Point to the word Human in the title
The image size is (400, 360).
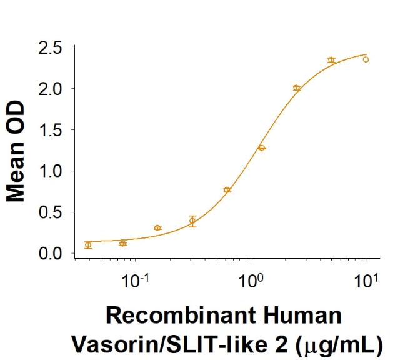(x=304, y=316)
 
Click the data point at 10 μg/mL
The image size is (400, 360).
(x=366, y=59)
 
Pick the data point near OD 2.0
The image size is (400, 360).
(x=297, y=88)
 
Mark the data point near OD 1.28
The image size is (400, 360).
(x=262, y=148)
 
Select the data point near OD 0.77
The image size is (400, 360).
(x=227, y=190)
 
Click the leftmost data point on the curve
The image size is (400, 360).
(x=88, y=245)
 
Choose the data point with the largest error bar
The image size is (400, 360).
(x=192, y=221)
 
